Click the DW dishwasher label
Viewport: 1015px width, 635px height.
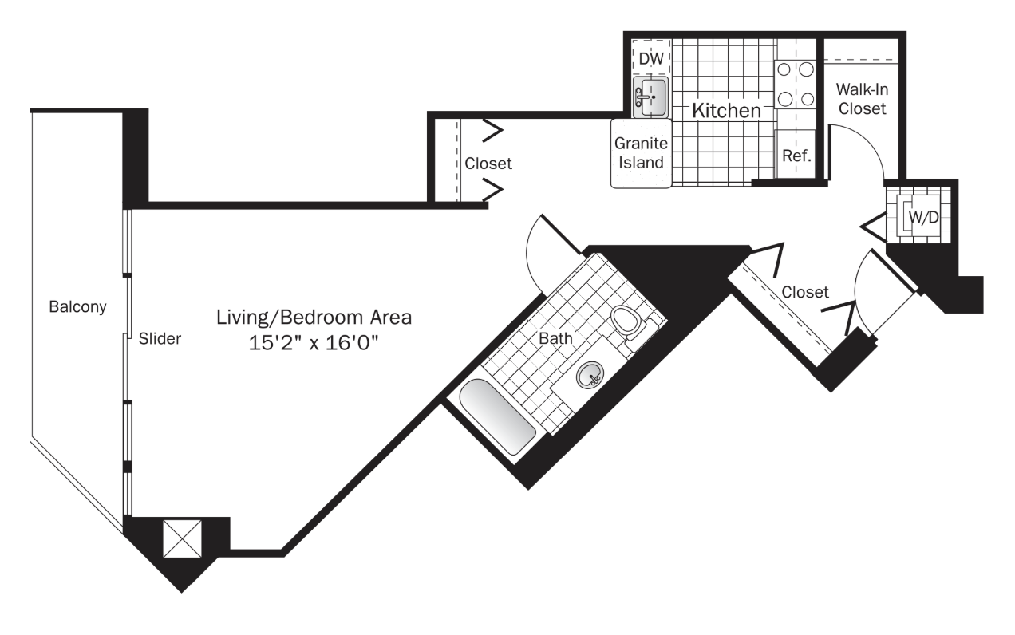pyautogui.click(x=651, y=58)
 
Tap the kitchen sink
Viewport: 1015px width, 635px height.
pyautogui.click(x=650, y=97)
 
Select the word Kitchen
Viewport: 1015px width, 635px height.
pyautogui.click(x=726, y=111)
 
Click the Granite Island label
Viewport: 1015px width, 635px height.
pyautogui.click(x=641, y=152)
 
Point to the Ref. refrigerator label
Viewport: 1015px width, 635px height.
pyautogui.click(x=796, y=156)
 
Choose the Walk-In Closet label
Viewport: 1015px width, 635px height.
pyautogui.click(x=862, y=99)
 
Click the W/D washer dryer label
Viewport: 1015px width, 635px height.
pyautogui.click(x=923, y=218)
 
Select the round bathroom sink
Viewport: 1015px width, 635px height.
pyautogui.click(x=590, y=374)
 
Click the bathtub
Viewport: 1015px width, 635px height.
pyautogui.click(x=498, y=416)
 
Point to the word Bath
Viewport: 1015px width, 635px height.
pyautogui.click(x=555, y=338)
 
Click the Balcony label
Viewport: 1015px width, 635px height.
pyautogui.click(x=77, y=307)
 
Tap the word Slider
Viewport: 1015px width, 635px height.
pyautogui.click(x=160, y=338)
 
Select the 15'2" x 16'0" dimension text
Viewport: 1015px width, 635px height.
pyautogui.click(x=314, y=342)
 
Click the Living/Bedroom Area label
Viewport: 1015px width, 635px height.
pyautogui.click(x=314, y=317)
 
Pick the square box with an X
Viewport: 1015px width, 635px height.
pyautogui.click(x=182, y=538)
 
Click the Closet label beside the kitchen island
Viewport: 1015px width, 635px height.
pyautogui.click(x=488, y=164)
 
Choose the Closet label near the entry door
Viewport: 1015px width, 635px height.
pyautogui.click(x=805, y=292)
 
